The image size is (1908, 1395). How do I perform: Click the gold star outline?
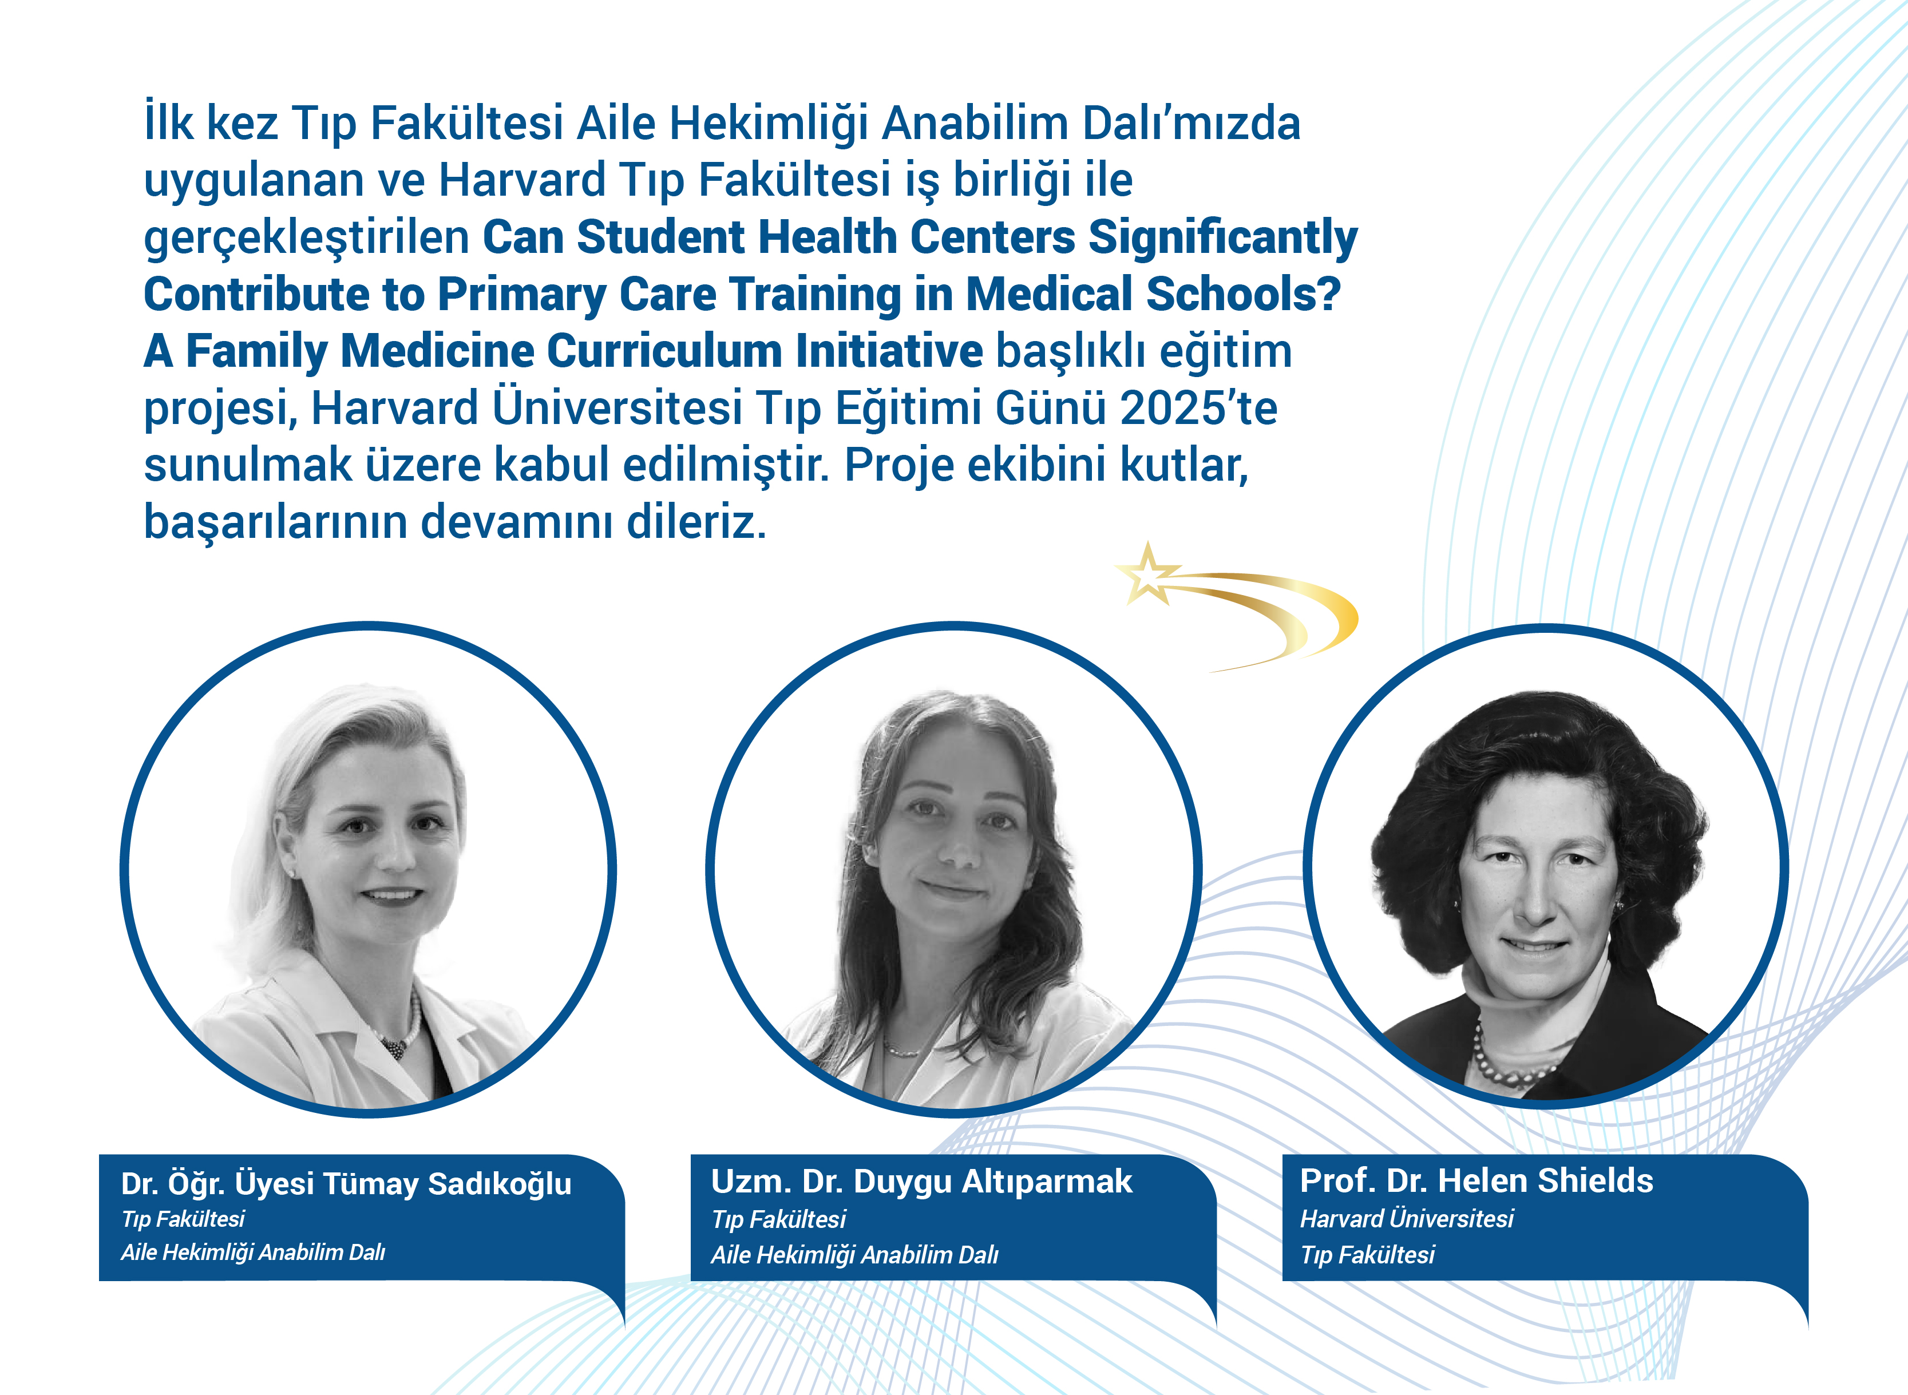(1147, 574)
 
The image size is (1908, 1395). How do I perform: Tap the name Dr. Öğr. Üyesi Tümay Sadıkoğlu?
(346, 1184)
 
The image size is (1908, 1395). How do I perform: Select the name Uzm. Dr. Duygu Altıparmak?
(921, 1182)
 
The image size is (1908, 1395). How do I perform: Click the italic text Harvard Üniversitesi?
(1406, 1219)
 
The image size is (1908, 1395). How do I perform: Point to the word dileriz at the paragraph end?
(696, 522)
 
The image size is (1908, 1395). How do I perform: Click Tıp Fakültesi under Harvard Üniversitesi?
(1367, 1255)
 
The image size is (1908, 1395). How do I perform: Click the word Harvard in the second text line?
(521, 180)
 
